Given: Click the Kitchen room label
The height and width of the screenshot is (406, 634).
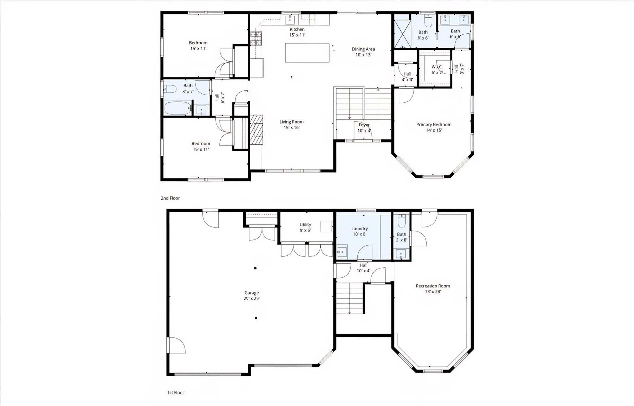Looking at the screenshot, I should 297,29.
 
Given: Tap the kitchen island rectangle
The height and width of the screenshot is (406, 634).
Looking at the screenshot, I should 307,53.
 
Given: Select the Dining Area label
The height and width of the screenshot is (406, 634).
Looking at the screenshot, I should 363,49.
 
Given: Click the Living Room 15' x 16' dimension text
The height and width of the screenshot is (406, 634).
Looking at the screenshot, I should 291,127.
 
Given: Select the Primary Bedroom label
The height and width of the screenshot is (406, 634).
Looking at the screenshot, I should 433,125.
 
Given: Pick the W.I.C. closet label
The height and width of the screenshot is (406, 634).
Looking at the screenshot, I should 437,67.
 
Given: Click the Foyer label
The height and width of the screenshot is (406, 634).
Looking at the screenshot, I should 364,125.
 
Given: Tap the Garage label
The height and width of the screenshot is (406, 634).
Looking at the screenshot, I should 251,293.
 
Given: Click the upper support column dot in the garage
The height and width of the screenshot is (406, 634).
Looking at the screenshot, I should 255,268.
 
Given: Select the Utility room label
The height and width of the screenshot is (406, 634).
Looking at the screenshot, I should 305,225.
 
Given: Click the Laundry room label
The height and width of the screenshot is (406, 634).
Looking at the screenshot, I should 359,229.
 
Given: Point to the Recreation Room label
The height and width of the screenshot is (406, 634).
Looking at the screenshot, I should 432,286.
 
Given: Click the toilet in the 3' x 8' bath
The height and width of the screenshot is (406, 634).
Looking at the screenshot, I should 401,221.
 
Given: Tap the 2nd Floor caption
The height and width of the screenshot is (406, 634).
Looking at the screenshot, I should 170,198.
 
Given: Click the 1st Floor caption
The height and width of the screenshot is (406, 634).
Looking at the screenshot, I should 176,392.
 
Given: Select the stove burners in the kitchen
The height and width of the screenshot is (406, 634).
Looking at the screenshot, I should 256,39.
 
